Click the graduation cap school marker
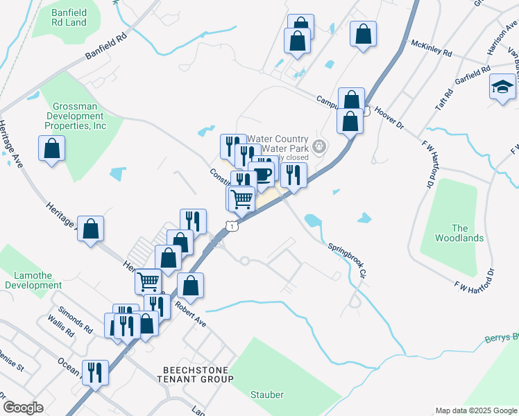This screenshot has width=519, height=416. click(502, 87)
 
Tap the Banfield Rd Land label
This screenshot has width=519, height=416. click(69, 17)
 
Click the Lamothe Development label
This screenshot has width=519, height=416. click(28, 280)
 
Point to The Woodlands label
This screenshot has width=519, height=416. click(459, 233)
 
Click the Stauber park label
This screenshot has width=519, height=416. click(266, 395)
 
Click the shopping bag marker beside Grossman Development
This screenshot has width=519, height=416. click(51, 148)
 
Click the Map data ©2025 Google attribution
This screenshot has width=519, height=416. click(475, 410)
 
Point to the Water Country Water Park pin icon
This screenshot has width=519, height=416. click(319, 146)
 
